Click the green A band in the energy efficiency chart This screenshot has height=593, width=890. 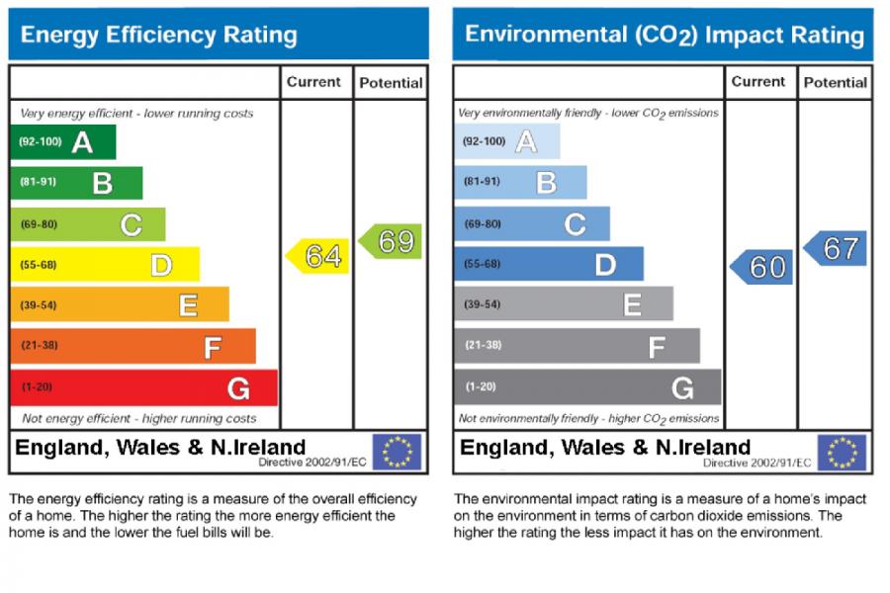(x=62, y=142)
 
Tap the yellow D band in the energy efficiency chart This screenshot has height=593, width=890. (x=105, y=265)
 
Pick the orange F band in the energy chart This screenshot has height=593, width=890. (x=133, y=347)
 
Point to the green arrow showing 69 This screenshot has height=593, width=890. (x=391, y=241)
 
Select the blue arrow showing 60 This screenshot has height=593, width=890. (x=762, y=267)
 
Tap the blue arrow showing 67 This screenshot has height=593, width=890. (x=836, y=248)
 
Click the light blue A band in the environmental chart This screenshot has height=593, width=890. (x=507, y=142)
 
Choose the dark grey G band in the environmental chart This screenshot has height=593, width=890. (x=588, y=387)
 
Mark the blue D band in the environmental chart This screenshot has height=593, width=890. (x=549, y=265)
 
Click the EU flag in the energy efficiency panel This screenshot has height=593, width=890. (x=397, y=453)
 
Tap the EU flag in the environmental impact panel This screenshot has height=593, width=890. (x=842, y=453)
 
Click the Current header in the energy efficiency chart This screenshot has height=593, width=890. (x=313, y=83)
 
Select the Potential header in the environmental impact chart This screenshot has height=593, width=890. (x=836, y=83)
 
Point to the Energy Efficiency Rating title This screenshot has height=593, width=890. (x=158, y=36)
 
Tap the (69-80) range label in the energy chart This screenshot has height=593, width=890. (x=39, y=224)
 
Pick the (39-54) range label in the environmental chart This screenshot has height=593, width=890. (x=483, y=304)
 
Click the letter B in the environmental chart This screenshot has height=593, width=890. (x=546, y=183)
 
